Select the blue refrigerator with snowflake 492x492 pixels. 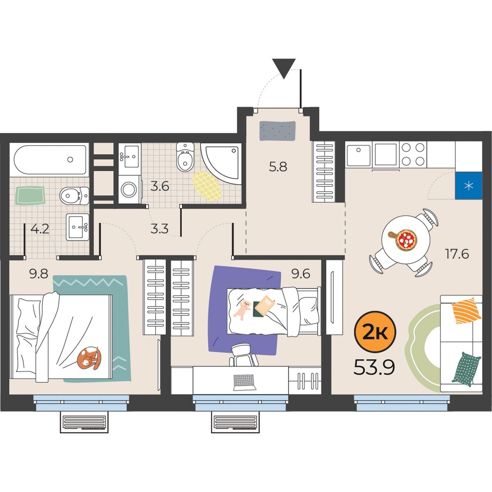(469, 186)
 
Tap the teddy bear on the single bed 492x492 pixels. (242, 310)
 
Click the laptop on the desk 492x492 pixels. (245, 382)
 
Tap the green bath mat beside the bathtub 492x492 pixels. (30, 195)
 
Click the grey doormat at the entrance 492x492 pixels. (278, 131)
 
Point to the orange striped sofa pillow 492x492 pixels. (466, 310)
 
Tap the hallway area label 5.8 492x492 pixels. (278, 167)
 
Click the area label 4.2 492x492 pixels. (40, 229)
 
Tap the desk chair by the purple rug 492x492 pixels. (243, 355)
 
